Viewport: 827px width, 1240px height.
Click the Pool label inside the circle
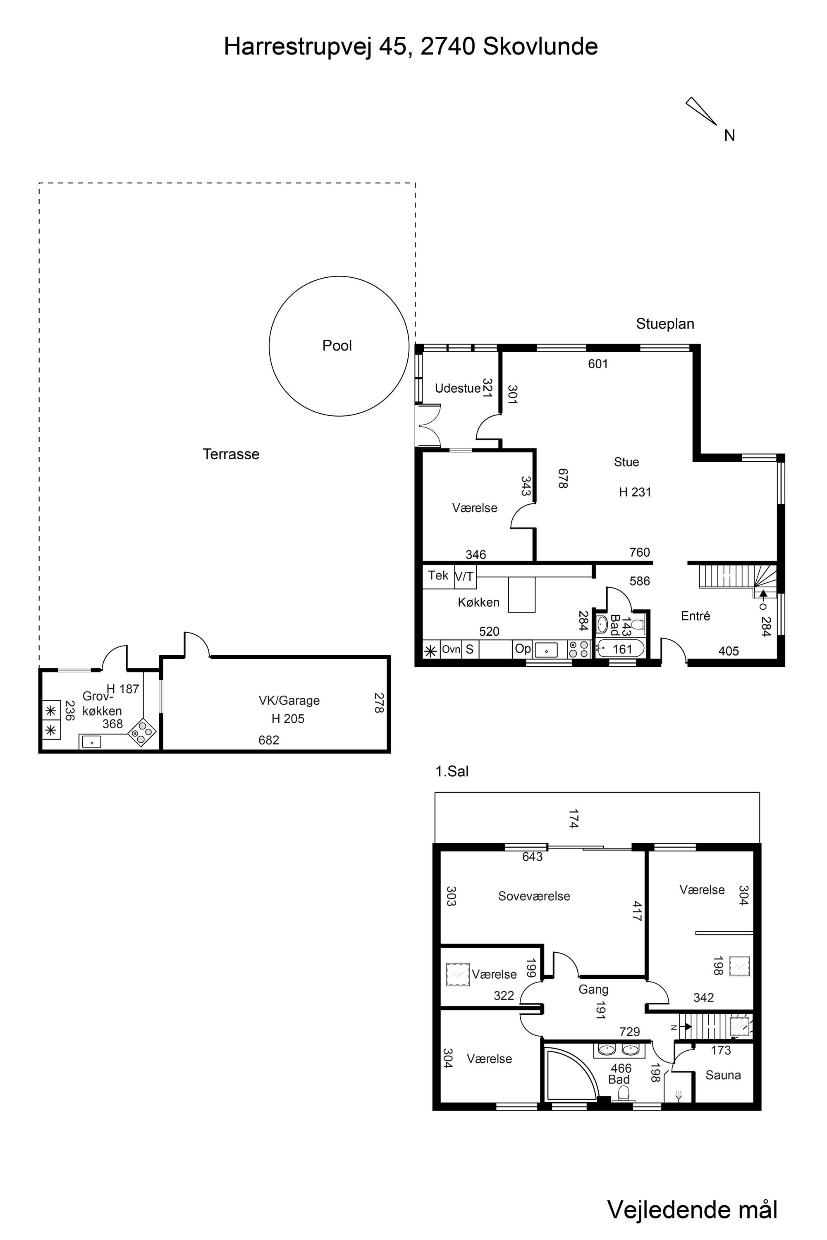tap(337, 346)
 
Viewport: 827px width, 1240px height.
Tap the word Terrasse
tap(231, 454)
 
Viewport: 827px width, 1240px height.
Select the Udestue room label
tap(457, 389)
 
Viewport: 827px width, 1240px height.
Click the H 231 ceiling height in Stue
tap(635, 492)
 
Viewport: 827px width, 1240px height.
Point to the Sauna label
tap(723, 1075)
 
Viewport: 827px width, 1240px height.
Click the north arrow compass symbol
tap(701, 111)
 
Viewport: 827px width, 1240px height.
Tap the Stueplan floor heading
tap(665, 324)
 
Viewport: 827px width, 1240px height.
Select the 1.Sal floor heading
tap(452, 771)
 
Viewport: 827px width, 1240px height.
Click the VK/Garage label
tap(289, 701)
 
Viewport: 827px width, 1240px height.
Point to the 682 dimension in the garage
tap(268, 740)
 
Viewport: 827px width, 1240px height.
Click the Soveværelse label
tap(534, 896)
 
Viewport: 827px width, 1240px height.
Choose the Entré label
tap(695, 616)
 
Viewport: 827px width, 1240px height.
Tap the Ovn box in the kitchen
tap(451, 649)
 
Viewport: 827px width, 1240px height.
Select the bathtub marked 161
tap(620, 649)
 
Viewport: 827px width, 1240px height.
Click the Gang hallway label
tap(593, 990)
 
